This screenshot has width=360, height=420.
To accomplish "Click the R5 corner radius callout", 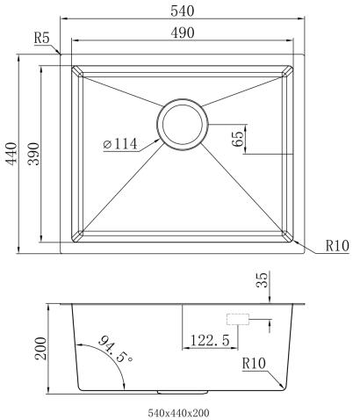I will click(x=41, y=39).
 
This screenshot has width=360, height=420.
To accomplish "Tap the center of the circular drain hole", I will click(x=183, y=122).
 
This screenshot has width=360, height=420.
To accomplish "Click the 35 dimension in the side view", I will click(x=261, y=282).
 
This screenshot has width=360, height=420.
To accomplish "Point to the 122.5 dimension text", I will click(x=207, y=338).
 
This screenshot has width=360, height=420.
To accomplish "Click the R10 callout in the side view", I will click(x=255, y=363).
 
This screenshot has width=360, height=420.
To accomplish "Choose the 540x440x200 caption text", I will click(x=179, y=410).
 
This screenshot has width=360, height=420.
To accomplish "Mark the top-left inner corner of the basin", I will click(x=76, y=70).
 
